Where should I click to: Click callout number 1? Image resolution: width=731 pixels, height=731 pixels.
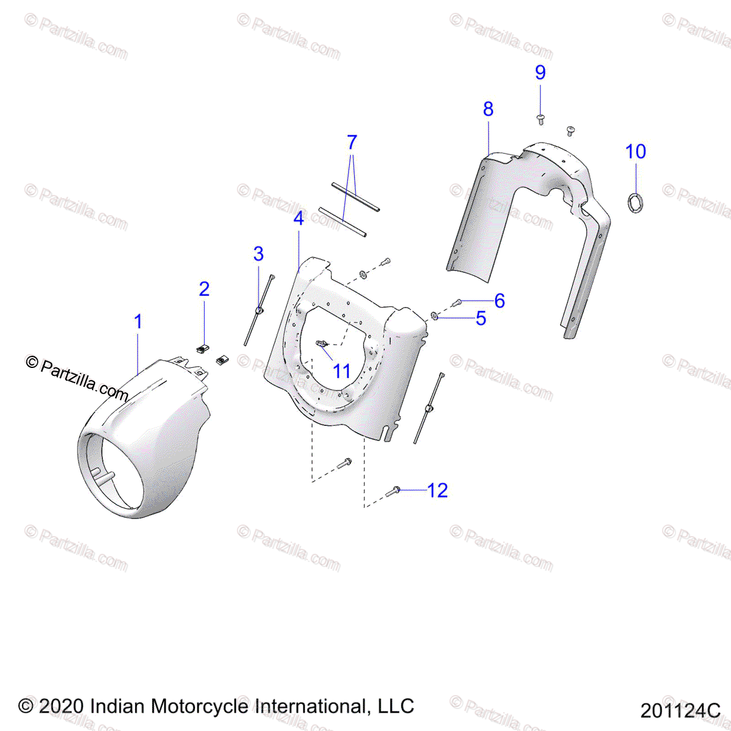pyautogui.click(x=138, y=322)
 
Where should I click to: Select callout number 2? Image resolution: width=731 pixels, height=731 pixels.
pyautogui.click(x=204, y=289)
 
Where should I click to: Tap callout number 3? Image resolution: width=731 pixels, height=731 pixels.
pyautogui.click(x=258, y=254)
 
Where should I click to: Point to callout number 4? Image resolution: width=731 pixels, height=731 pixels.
pyautogui.click(x=298, y=218)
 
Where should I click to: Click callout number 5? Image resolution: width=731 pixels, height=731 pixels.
pyautogui.click(x=481, y=318)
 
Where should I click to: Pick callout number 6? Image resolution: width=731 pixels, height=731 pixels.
pyautogui.click(x=500, y=300)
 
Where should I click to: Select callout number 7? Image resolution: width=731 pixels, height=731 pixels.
pyautogui.click(x=351, y=143)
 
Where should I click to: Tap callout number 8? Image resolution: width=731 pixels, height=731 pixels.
pyautogui.click(x=488, y=109)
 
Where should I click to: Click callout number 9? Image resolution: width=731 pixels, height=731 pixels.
pyautogui.click(x=540, y=72)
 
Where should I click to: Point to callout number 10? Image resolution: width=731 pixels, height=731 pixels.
pyautogui.click(x=635, y=152)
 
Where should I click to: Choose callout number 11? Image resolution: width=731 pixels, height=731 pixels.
pyautogui.click(x=342, y=370)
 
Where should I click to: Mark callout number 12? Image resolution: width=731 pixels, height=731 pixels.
pyautogui.click(x=437, y=490)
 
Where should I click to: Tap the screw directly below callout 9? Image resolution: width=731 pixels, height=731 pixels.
pyautogui.click(x=540, y=118)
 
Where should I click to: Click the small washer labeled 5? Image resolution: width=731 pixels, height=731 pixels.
pyautogui.click(x=434, y=316)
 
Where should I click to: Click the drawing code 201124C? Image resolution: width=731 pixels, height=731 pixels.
pyautogui.click(x=680, y=710)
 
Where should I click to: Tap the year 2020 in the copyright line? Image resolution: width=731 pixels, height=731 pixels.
pyautogui.click(x=61, y=707)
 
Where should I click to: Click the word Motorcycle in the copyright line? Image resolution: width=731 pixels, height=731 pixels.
pyautogui.click(x=200, y=707)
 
